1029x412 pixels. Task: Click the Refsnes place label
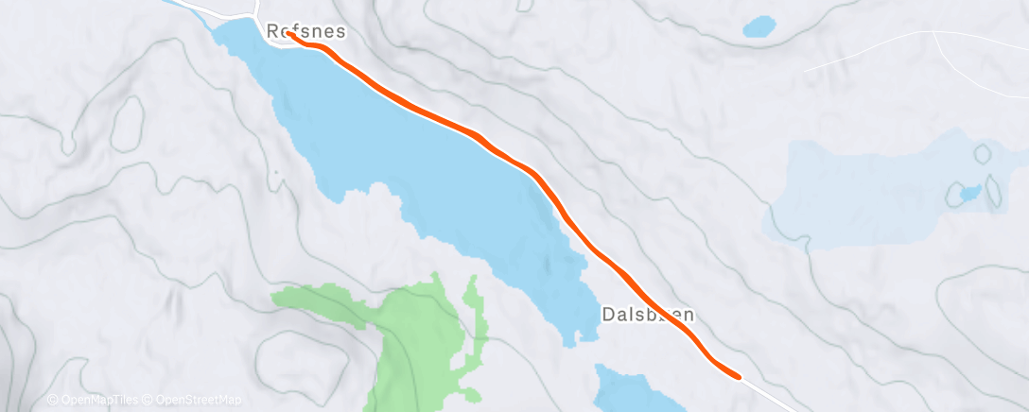click(x=305, y=31)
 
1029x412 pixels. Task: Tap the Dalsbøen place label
click(x=649, y=315)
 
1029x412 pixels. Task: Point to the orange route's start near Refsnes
click(x=288, y=35)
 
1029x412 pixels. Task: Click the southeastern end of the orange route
click(x=737, y=376)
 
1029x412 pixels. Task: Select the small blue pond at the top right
click(x=759, y=26)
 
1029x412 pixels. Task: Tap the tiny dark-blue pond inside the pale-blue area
click(x=969, y=193)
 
